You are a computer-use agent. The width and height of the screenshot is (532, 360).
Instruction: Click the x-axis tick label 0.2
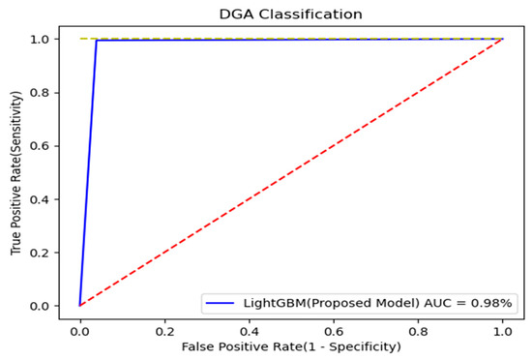click(x=164, y=328)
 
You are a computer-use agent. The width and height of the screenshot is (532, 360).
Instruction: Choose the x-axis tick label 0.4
click(x=249, y=328)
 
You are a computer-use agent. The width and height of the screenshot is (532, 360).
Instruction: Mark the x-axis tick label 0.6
click(x=334, y=328)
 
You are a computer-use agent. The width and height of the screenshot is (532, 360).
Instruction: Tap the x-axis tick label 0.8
click(x=418, y=328)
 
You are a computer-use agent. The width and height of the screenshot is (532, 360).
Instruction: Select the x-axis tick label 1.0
click(x=502, y=328)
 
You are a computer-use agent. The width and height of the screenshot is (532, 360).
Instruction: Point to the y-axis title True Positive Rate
click(x=18, y=172)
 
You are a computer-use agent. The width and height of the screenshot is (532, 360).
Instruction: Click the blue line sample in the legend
click(x=220, y=303)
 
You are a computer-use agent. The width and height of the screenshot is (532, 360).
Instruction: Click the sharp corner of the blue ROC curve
click(x=97, y=41)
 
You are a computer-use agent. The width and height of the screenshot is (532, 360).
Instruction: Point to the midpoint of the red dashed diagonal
click(x=291, y=172)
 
